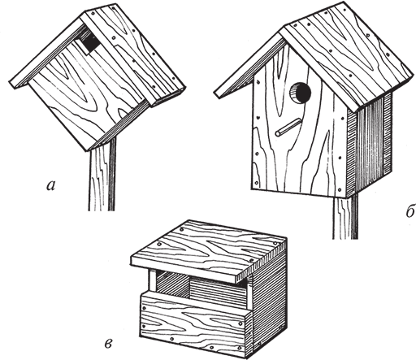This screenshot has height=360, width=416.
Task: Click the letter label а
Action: (x=50, y=186)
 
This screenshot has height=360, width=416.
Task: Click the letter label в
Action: (x=108, y=344)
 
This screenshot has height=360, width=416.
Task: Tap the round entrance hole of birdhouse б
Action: (x=301, y=93)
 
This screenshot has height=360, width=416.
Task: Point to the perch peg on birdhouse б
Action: (x=288, y=128)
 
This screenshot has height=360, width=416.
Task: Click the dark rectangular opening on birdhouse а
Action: (x=91, y=43)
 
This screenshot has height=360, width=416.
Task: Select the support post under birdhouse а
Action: (x=102, y=173)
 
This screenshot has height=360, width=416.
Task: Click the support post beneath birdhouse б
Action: (x=344, y=217)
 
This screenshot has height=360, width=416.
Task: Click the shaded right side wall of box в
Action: (x=268, y=301)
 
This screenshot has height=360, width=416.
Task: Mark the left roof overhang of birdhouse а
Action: (x=47, y=51)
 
